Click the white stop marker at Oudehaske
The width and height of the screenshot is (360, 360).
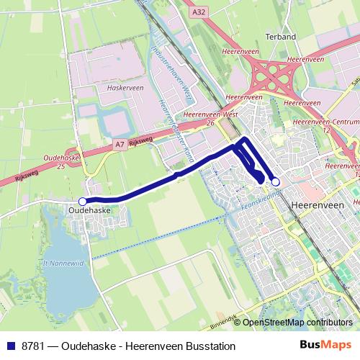pos(83,202)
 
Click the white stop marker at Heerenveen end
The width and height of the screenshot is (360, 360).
pos(275,182)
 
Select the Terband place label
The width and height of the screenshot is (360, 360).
pos(280,36)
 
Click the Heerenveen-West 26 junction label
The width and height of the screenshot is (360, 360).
pos(210,118)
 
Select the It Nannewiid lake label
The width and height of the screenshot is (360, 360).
pos(63,264)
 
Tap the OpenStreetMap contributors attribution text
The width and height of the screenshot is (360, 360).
pos(297,323)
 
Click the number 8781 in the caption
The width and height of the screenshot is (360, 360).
pos(32,346)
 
